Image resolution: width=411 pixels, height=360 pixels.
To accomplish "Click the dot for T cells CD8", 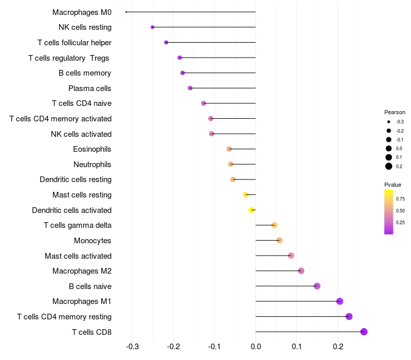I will [364, 332].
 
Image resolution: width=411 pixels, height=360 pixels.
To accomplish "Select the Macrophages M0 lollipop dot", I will [126, 12].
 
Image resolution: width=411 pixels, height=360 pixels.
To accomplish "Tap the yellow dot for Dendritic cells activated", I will [251, 210].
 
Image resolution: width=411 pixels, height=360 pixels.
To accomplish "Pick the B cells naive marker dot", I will [317, 286].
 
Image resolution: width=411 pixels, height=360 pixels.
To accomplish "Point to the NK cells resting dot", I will [152, 27].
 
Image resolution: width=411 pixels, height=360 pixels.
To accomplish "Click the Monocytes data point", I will [279, 240].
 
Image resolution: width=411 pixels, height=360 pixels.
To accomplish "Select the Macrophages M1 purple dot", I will [340, 301].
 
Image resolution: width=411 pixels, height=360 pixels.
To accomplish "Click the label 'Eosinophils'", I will [92, 149].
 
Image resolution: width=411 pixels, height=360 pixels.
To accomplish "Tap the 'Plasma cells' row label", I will [90, 88].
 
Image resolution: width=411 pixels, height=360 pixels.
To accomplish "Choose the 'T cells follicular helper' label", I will [74, 42].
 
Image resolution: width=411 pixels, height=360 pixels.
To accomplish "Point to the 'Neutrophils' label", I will [92, 165].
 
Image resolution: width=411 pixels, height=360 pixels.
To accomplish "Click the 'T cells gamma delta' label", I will [78, 225].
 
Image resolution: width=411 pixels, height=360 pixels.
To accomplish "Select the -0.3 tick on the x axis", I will [133, 347].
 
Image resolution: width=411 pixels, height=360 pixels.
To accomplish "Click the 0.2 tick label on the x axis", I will [338, 347].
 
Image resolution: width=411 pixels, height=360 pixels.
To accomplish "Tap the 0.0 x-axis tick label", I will [256, 347].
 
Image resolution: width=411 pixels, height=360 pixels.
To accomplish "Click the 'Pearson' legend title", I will [395, 112].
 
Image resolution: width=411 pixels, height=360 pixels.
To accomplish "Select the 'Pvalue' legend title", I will [393, 185].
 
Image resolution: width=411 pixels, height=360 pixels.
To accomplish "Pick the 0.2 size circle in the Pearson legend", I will [389, 166].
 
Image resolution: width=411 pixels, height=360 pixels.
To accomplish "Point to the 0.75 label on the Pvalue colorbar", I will [400, 199].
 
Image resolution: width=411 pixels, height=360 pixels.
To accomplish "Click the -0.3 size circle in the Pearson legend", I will [389, 122].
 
